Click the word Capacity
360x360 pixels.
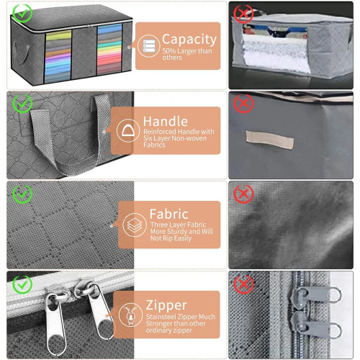point(189,40)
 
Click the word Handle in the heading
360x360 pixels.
point(166,122)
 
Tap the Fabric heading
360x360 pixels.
point(169,214)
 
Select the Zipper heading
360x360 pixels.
point(166,305)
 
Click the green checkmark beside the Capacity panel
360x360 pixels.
point(22,13)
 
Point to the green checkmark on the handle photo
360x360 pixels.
point(22,104)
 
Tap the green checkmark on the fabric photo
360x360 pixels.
point(22,194)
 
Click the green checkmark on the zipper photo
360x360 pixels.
point(22,284)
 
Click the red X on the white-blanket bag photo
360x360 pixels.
point(243,13)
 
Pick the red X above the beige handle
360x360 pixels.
point(243,104)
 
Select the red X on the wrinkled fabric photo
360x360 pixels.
point(243,194)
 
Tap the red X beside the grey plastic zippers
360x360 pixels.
point(243,284)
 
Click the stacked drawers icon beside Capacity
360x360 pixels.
point(149,46)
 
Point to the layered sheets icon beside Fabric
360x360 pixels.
point(135,225)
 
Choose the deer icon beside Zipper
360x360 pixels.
point(130,315)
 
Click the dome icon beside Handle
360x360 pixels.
point(128,131)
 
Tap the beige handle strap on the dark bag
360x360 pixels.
point(269,140)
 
